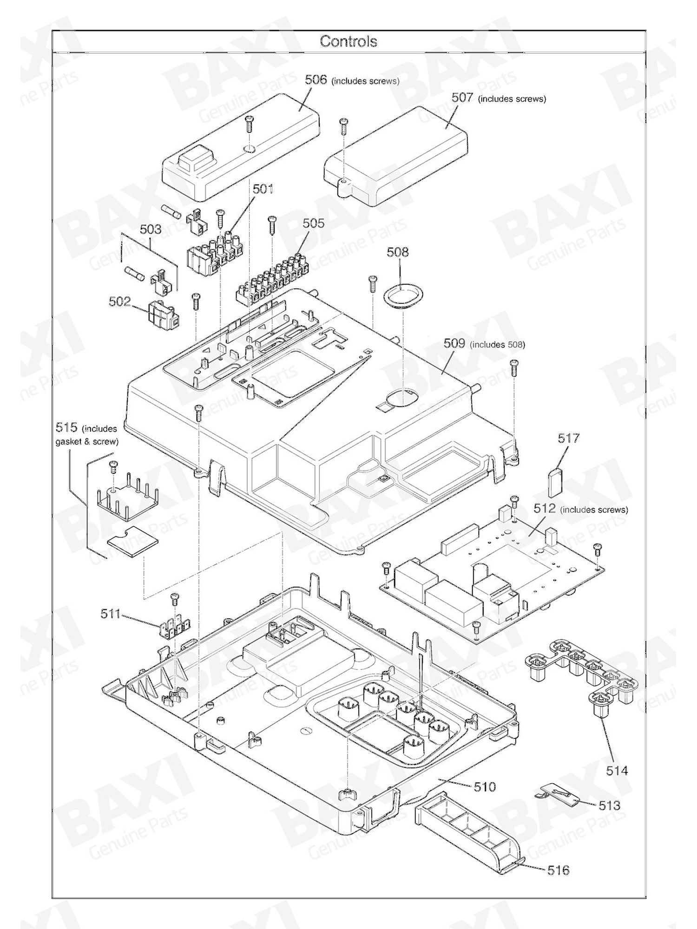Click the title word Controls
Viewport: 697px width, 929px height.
coord(348,41)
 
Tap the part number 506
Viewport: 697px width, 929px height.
coord(316,79)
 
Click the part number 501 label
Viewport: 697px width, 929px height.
coord(263,189)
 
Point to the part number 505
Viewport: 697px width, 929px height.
coord(314,223)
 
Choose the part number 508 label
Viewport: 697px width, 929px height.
coord(398,252)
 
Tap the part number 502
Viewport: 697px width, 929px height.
coord(120,301)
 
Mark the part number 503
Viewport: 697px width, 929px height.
coord(151,229)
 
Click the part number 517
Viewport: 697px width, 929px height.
coord(569,438)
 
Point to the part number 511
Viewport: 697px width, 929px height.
coord(111,614)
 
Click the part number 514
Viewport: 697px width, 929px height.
coord(617,771)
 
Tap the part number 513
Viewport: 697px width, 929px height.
coord(609,805)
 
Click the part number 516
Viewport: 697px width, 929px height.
coord(558,870)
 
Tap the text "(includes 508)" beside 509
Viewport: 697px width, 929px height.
coord(497,345)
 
